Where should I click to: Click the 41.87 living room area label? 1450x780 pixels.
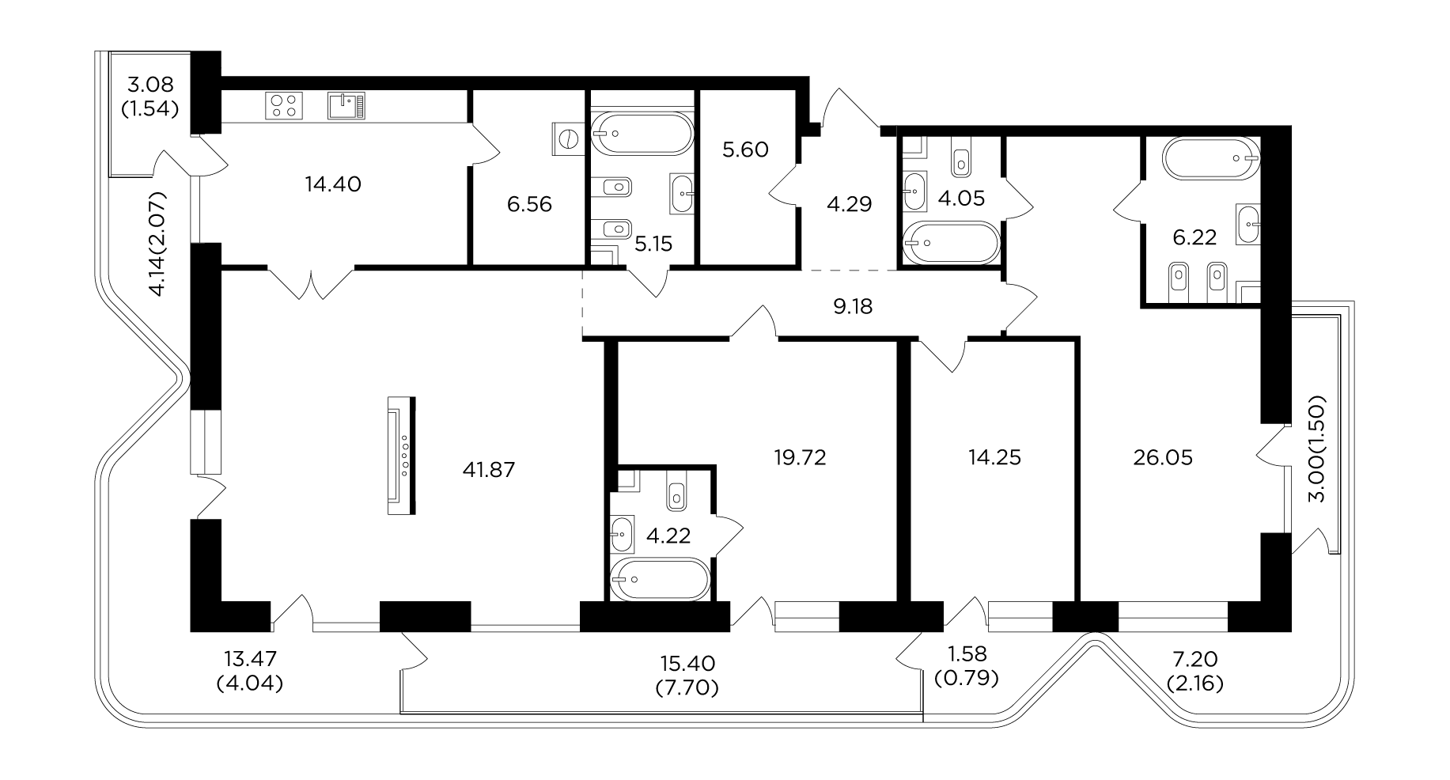click(x=488, y=470)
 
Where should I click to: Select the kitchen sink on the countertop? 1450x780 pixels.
click(x=346, y=105)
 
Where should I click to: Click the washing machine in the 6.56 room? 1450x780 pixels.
click(x=567, y=139)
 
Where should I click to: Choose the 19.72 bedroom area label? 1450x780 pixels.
click(x=801, y=457)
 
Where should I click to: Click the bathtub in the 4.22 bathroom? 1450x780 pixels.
click(x=661, y=580)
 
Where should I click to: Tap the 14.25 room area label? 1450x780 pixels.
click(x=994, y=457)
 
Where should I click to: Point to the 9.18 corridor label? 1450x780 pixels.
click(x=853, y=306)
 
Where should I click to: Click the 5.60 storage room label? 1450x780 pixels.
click(x=746, y=150)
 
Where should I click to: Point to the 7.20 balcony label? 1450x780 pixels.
click(x=1194, y=659)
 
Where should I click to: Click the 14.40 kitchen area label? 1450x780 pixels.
click(x=333, y=184)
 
